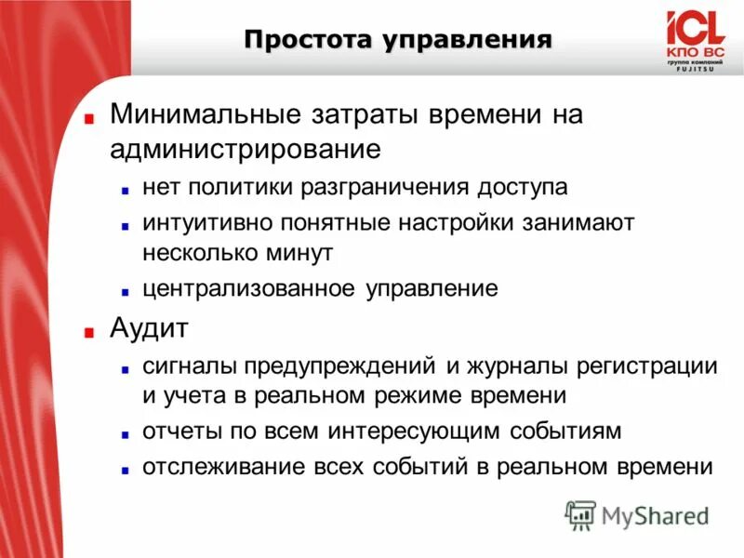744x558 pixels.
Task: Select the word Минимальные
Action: (x=202, y=114)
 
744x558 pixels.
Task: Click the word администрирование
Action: (x=245, y=148)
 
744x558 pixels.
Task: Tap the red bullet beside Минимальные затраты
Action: (x=88, y=118)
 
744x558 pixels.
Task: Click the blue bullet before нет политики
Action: (x=124, y=189)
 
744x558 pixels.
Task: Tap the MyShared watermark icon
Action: (x=580, y=513)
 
